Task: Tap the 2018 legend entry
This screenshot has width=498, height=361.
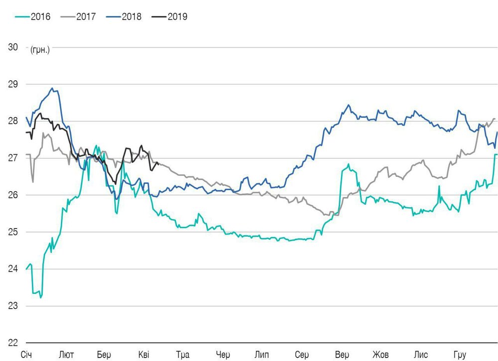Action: [127, 16]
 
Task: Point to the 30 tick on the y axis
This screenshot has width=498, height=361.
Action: [13, 47]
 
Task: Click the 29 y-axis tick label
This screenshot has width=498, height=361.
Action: [13, 84]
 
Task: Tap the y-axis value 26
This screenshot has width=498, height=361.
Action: [13, 195]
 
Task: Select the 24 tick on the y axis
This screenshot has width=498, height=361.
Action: [13, 269]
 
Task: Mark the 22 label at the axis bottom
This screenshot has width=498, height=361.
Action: [13, 343]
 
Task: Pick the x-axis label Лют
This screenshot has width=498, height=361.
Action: [66, 355]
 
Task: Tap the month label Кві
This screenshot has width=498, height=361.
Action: [143, 355]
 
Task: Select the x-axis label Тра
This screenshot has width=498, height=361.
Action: [183, 355]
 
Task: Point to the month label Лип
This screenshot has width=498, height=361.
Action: [262, 355]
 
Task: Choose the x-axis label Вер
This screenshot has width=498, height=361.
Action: [342, 355]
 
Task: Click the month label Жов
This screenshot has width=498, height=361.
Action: [381, 355]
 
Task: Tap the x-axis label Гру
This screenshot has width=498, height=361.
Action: [459, 355]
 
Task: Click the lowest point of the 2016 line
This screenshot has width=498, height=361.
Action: [41, 297]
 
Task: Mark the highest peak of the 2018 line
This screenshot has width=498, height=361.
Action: [52, 88]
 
